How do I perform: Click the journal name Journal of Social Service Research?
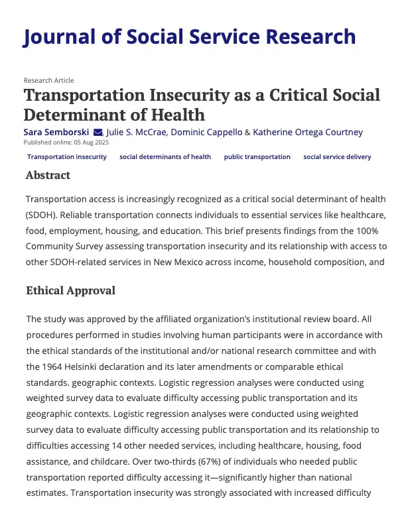(189, 36)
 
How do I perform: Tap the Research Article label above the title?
(48, 80)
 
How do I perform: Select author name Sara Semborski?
(56, 132)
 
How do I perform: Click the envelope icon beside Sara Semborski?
(98, 132)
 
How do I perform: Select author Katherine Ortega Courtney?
(308, 132)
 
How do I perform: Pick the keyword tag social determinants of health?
(165, 157)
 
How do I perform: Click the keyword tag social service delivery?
(337, 157)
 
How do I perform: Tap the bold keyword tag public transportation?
(257, 157)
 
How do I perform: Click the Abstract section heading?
(48, 176)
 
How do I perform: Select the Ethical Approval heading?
(70, 290)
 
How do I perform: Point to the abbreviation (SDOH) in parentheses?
(42, 216)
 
